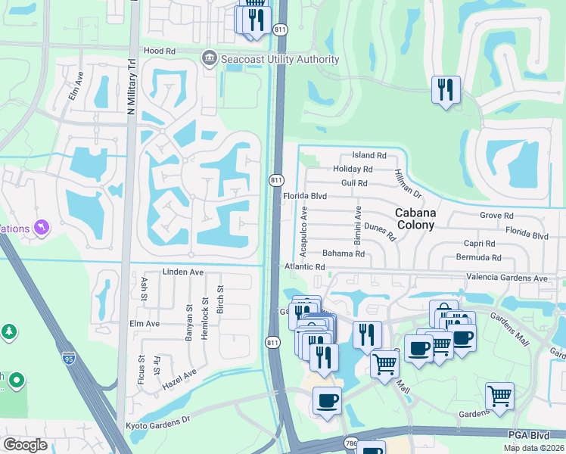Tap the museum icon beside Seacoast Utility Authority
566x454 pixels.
210,58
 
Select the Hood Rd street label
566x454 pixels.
159,51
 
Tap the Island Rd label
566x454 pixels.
369,155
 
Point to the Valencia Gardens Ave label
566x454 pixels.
506,278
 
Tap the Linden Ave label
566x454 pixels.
183,272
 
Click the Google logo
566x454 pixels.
25,444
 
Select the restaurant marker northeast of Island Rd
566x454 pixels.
446,90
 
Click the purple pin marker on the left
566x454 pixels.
42,227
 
